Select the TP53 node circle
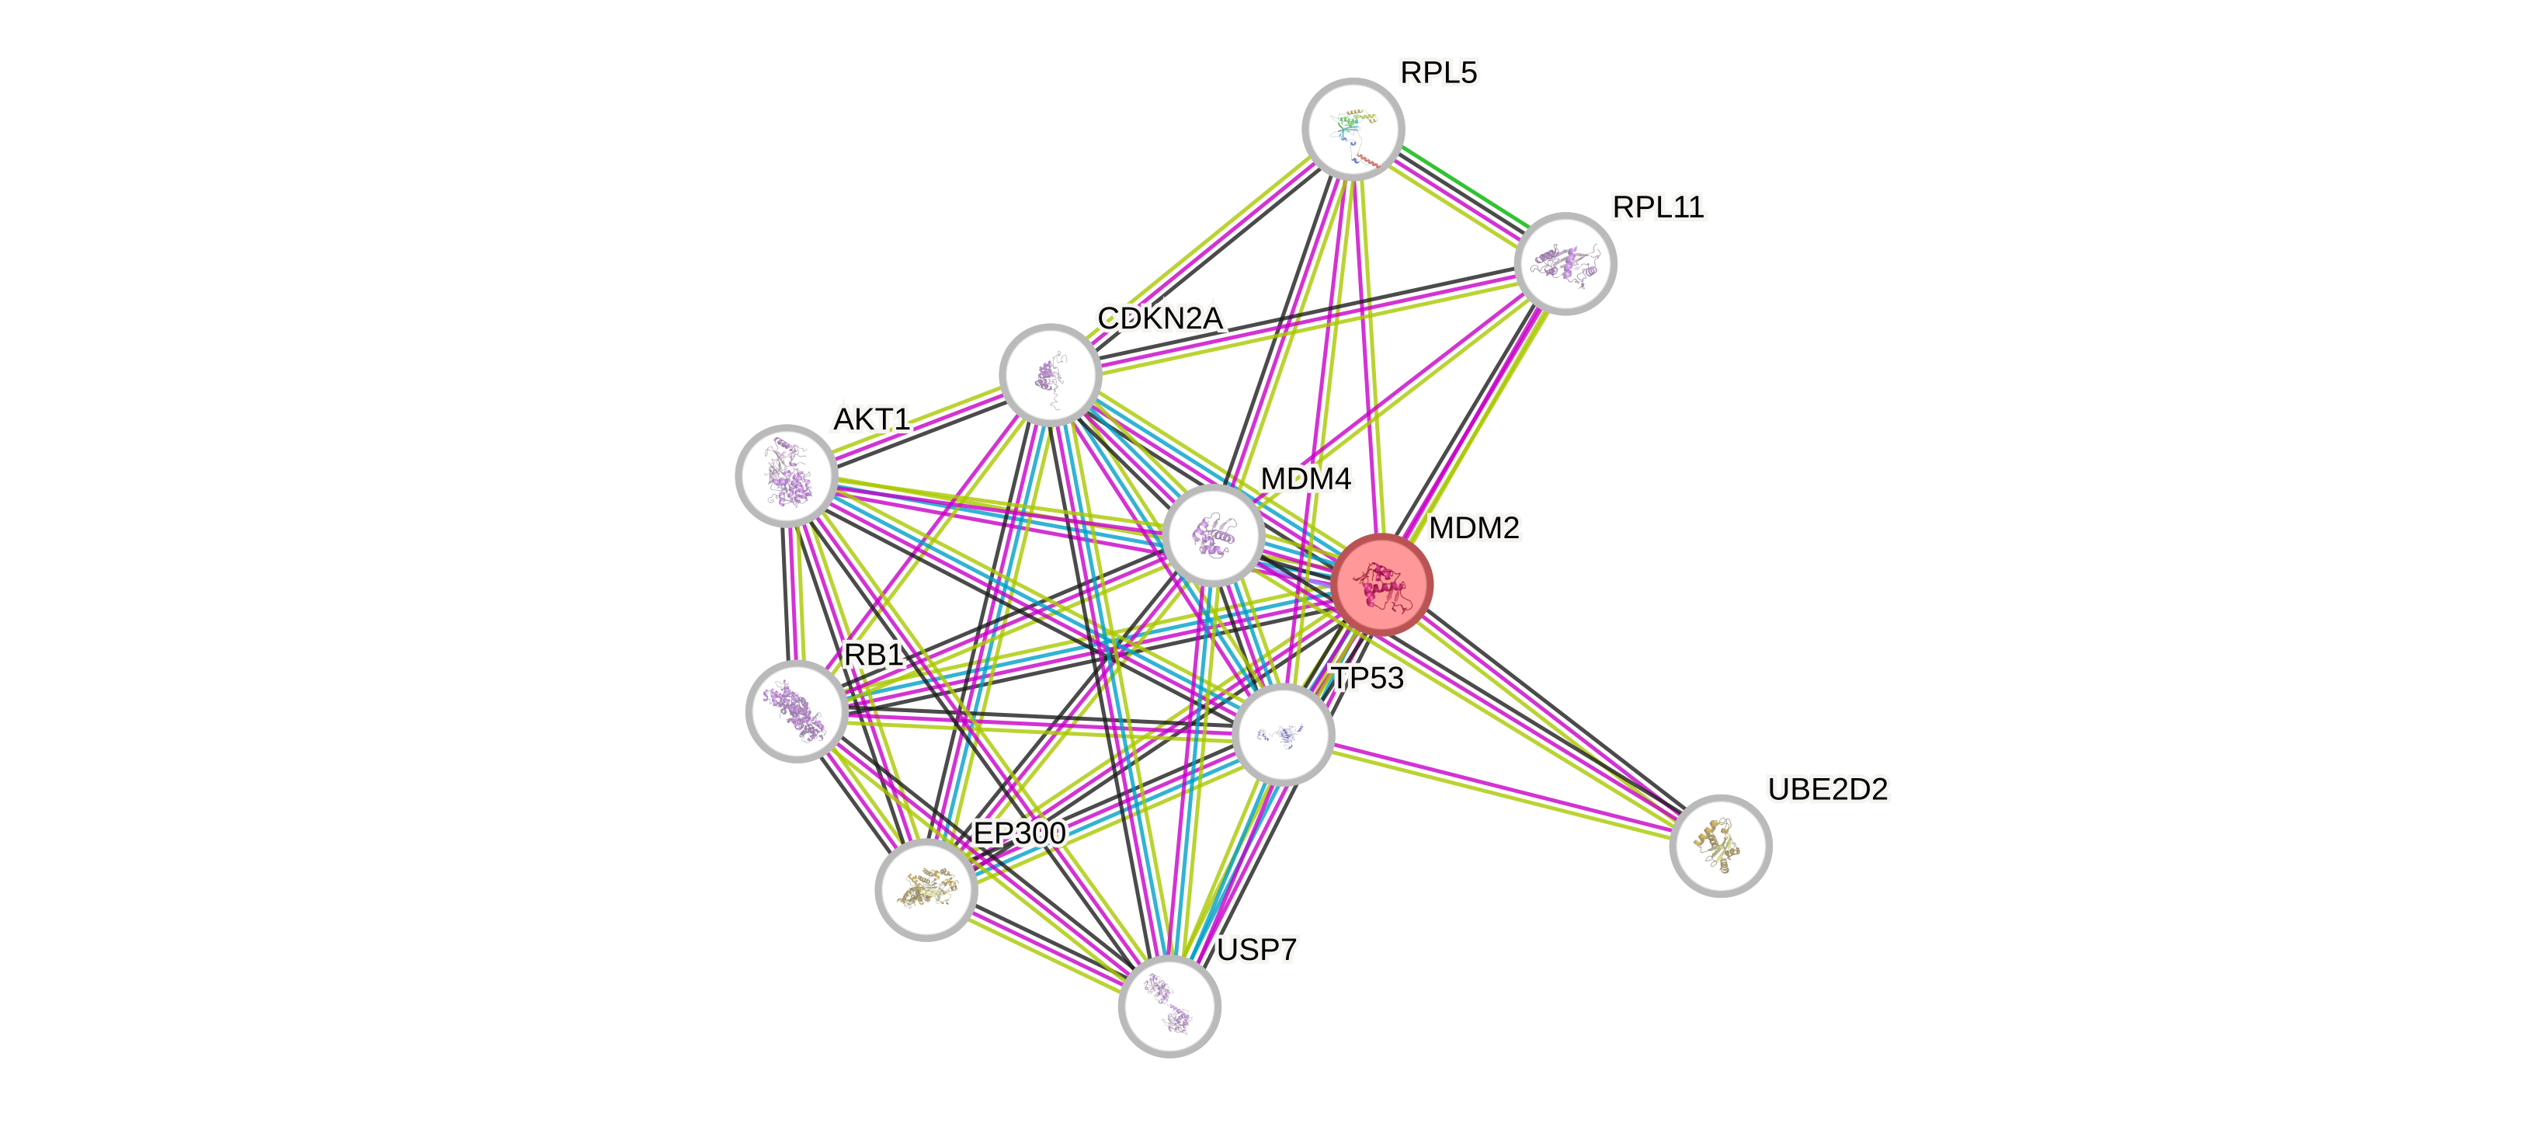(1281, 734)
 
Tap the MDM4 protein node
(1214, 536)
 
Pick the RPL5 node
(1353, 128)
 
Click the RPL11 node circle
(1565, 262)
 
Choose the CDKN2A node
(1050, 374)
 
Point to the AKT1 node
(786, 475)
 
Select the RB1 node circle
(796, 711)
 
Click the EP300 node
(926, 889)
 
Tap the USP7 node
(1169, 1007)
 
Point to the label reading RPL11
(1658, 207)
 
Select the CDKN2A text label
(1160, 318)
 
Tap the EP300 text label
(1019, 833)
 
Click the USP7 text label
(1256, 949)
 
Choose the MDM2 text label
(1474, 527)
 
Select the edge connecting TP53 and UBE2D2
(1500, 791)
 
